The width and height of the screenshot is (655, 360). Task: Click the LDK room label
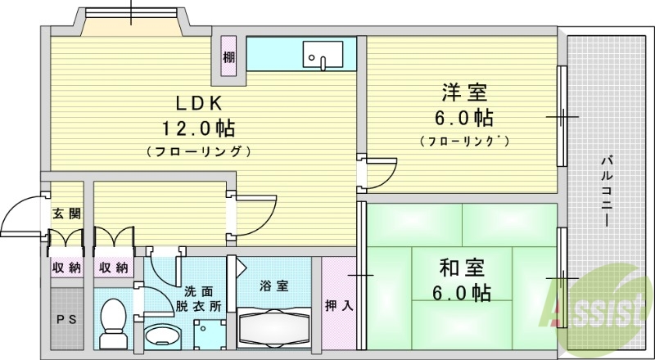pyautogui.click(x=196, y=103)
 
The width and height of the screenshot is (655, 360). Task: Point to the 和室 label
pyautogui.click(x=463, y=268)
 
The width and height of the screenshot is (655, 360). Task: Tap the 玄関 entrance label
pyautogui.click(x=66, y=214)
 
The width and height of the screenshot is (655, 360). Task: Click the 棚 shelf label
pyautogui.click(x=228, y=58)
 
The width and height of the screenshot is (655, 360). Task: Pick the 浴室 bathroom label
pyautogui.click(x=274, y=286)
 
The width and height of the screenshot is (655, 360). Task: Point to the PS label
pyautogui.click(x=66, y=319)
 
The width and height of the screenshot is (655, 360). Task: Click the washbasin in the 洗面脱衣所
pyautogui.click(x=162, y=336)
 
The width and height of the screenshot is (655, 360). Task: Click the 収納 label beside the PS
pyautogui.click(x=67, y=268)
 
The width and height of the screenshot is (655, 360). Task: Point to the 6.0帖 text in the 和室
pyautogui.click(x=463, y=292)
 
